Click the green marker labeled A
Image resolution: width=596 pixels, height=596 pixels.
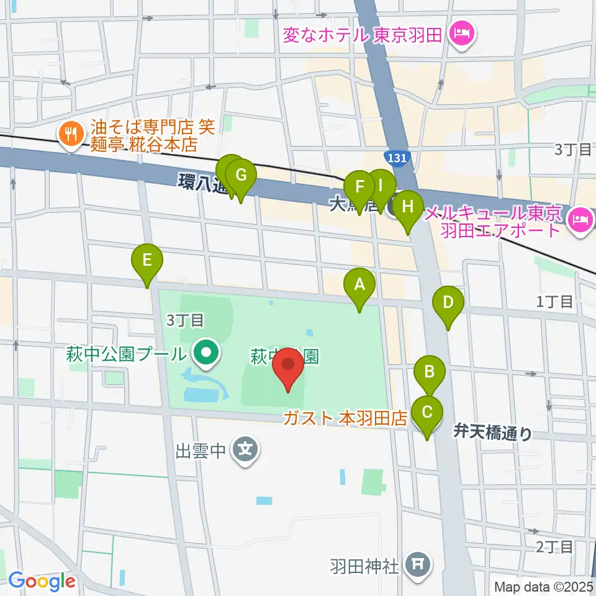tap(359, 285)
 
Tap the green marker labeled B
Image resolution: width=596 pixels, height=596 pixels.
tap(429, 372)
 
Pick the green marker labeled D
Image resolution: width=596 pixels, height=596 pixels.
tap(448, 303)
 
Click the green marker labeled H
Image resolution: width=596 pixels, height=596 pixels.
tap(407, 206)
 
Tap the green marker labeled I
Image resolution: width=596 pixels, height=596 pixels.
tap(381, 185)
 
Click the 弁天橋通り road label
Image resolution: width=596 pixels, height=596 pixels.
tap(492, 432)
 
